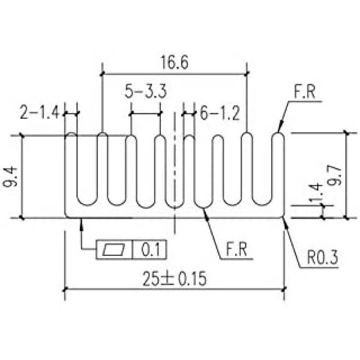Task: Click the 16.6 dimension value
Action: point(175,62)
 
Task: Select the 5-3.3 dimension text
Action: point(145,91)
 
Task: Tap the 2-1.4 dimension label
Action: point(39,112)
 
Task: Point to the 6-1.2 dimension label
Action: point(220,113)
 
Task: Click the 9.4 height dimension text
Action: point(10,177)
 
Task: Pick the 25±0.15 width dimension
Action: point(175,279)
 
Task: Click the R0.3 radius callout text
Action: point(323,257)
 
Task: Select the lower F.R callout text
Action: point(237,249)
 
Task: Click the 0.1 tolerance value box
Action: point(149,250)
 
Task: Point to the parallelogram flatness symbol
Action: point(114,250)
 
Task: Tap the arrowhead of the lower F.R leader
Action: point(206,214)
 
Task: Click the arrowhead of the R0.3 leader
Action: point(285,222)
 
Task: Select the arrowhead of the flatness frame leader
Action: point(81,224)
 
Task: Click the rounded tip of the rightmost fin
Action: point(278,135)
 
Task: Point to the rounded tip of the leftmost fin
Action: point(71,134)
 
